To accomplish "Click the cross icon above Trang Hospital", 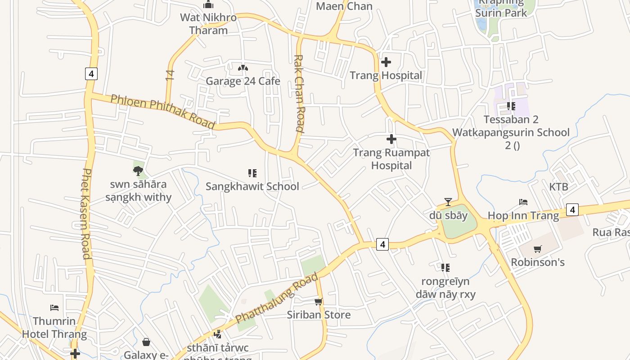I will pyautogui.click(x=386, y=62).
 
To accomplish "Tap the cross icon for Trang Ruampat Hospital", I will pyautogui.click(x=391, y=139).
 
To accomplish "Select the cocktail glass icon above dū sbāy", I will pyautogui.click(x=448, y=202).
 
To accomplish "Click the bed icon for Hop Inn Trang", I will pyautogui.click(x=523, y=202).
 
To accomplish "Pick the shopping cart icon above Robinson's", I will pyautogui.click(x=537, y=249).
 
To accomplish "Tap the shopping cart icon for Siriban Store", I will pyautogui.click(x=319, y=301).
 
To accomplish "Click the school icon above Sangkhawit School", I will pyautogui.click(x=252, y=173).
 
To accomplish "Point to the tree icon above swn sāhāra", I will pyautogui.click(x=138, y=171).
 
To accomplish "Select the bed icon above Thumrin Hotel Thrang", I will pyautogui.click(x=54, y=308).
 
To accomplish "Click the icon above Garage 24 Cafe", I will pyautogui.click(x=243, y=68).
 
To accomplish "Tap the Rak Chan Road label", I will pyautogui.click(x=299, y=93).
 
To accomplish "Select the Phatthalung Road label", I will pyautogui.click(x=277, y=297).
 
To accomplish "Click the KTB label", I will pyautogui.click(x=558, y=187).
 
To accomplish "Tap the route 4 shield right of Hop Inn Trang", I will pyautogui.click(x=572, y=209).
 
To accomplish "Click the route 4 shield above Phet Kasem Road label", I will pyautogui.click(x=91, y=73).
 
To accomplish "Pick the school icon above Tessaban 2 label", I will pyautogui.click(x=511, y=106).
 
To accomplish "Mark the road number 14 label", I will pyautogui.click(x=170, y=75).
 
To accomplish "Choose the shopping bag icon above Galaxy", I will pyautogui.click(x=146, y=342).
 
